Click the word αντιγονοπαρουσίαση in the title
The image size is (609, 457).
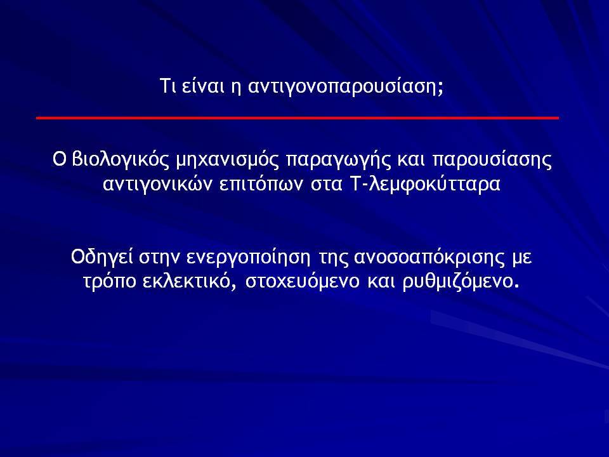point(345,86)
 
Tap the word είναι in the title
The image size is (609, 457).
point(203,86)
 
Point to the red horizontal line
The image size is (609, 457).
point(298,118)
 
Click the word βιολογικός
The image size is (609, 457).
point(121,159)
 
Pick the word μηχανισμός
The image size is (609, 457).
point(228,160)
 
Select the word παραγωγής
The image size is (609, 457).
point(338,161)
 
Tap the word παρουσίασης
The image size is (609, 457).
point(492,160)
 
